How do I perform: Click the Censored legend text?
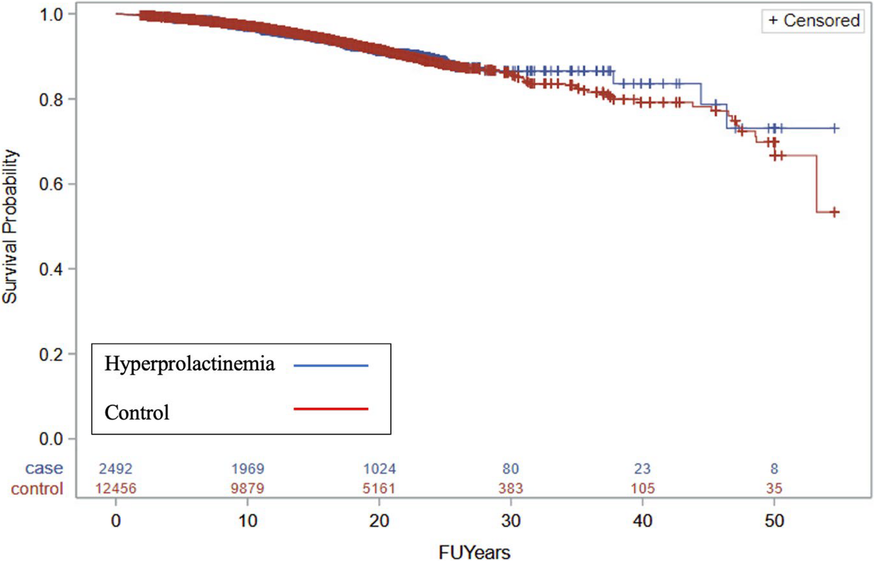tap(821, 20)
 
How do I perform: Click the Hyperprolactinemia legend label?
tap(190, 364)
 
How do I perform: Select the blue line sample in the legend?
tap(331, 365)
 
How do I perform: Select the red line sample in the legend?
tap(331, 409)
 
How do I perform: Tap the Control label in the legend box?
tap(137, 412)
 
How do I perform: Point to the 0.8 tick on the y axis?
tap(51, 100)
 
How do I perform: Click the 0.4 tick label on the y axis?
tap(51, 269)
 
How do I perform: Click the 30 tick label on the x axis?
tap(511, 521)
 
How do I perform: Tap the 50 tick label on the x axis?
tap(774, 521)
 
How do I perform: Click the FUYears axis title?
tap(474, 552)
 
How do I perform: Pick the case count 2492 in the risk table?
tap(116, 469)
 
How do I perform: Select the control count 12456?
tap(116, 488)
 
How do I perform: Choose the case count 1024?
tap(379, 469)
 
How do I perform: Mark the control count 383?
tap(511, 488)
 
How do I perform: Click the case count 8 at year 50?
tap(774, 469)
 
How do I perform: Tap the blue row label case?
tap(44, 468)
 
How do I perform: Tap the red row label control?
tap(37, 488)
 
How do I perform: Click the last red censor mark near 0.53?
tap(834, 212)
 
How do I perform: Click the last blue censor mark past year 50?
tap(834, 128)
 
